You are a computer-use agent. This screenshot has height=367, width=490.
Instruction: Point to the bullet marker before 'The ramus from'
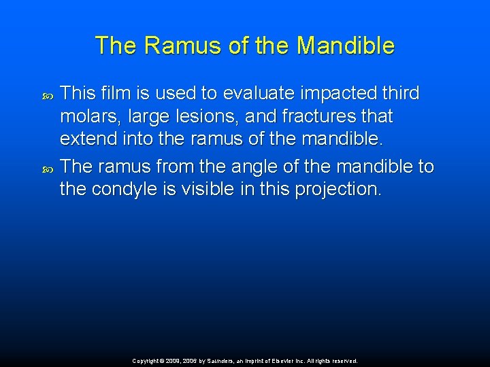pyautogui.click(x=47, y=167)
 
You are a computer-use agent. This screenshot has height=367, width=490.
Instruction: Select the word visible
pyautogui.click(x=212, y=190)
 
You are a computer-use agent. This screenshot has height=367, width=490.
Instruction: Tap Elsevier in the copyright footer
pyautogui.click(x=294, y=361)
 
